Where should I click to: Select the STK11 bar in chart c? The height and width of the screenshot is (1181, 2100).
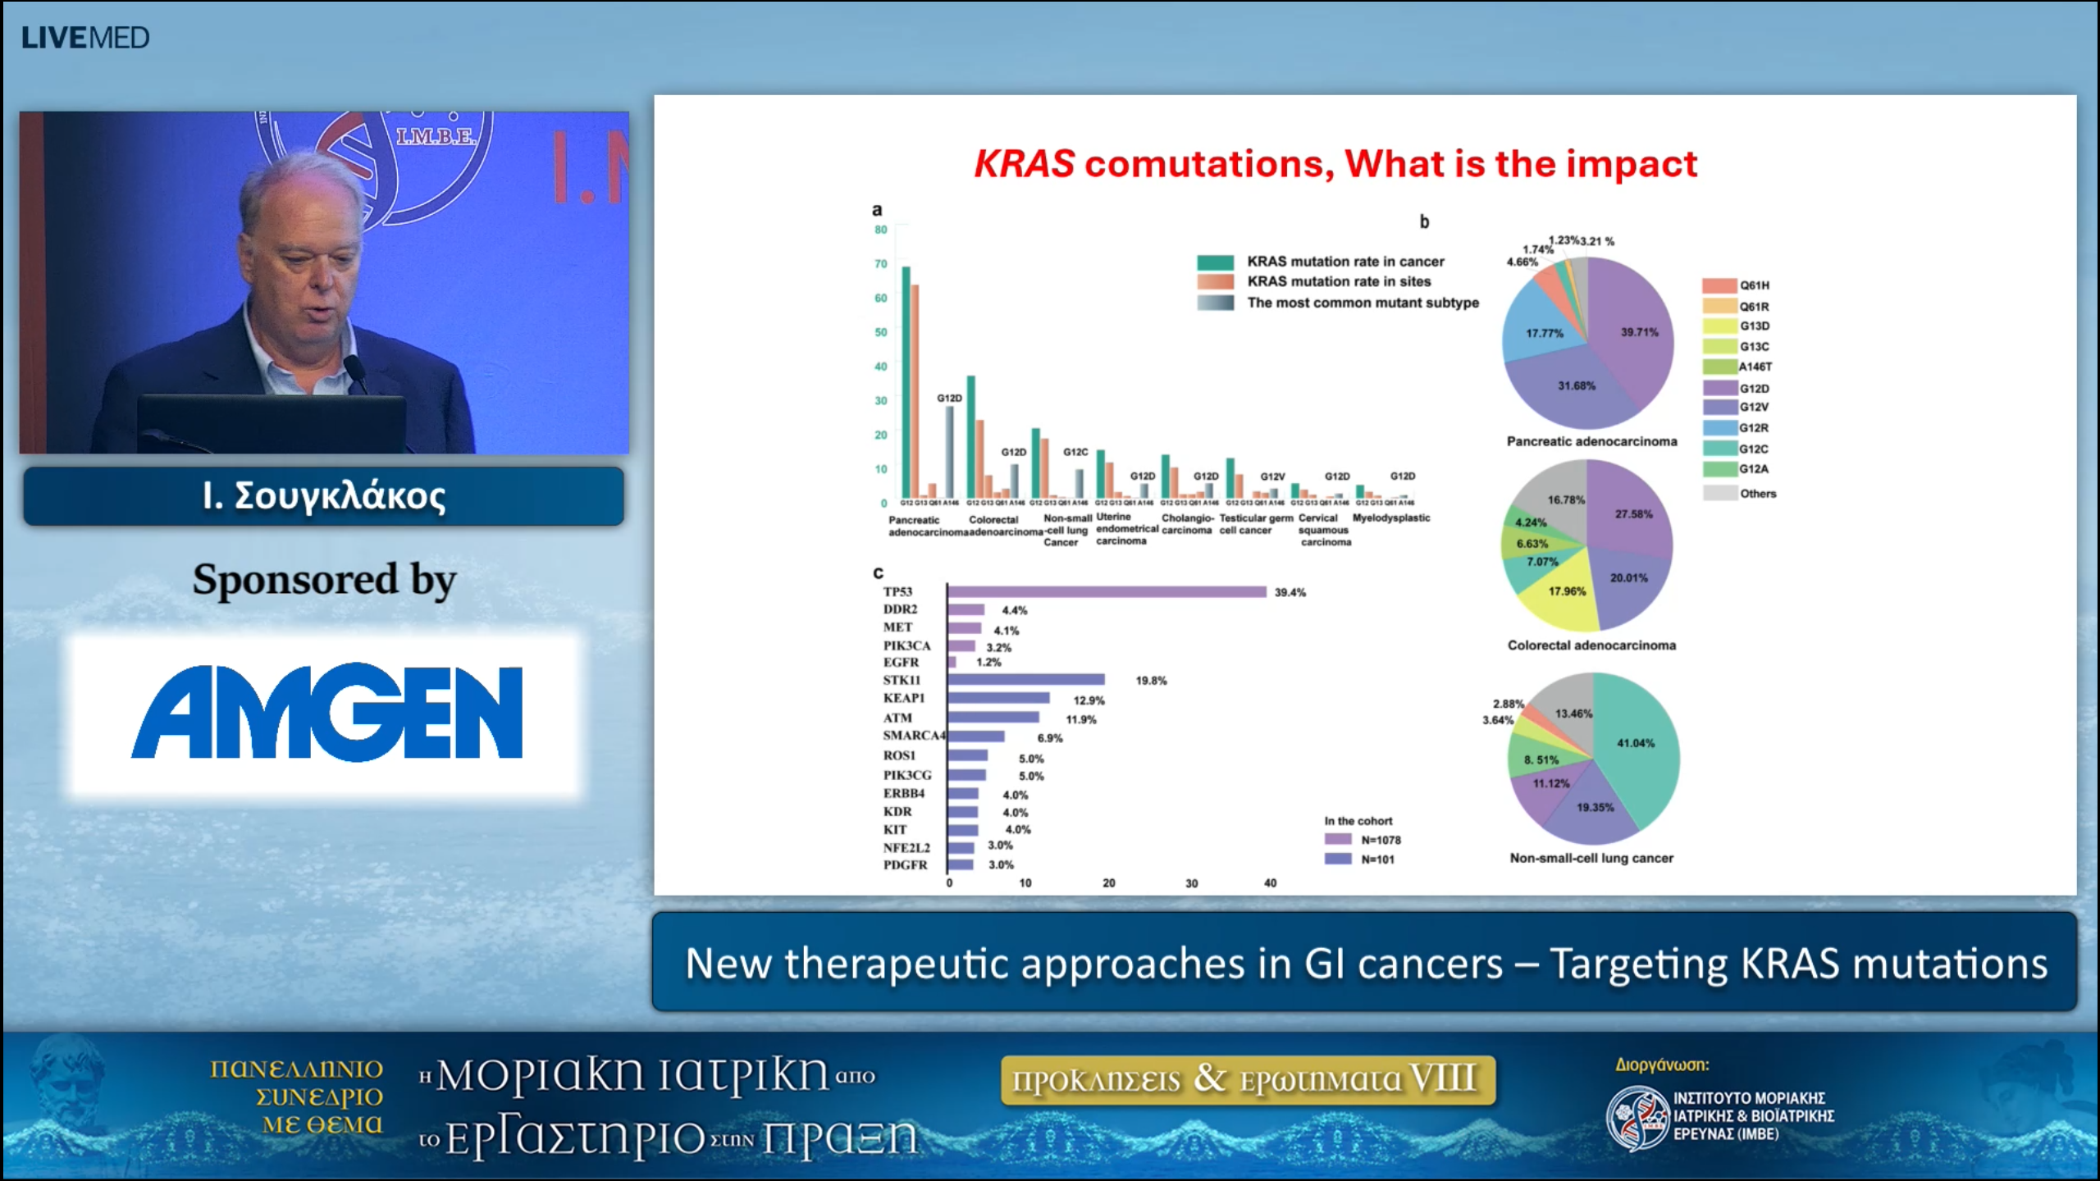click(x=1025, y=680)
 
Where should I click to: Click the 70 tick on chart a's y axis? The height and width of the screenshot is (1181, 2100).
click(x=880, y=264)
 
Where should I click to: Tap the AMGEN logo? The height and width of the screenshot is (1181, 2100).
click(x=326, y=712)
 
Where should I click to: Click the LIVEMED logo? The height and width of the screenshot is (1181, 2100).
click(x=85, y=38)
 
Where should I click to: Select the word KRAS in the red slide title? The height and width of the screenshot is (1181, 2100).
click(x=1024, y=164)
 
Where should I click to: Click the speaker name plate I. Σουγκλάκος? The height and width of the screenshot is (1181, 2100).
click(x=323, y=496)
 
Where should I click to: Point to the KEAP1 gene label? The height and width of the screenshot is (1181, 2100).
click(x=903, y=698)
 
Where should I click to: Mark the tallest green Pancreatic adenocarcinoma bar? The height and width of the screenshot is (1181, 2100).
click(x=906, y=381)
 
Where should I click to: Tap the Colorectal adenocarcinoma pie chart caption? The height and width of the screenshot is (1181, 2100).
click(x=1591, y=645)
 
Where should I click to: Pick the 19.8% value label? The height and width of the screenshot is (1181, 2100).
click(x=1150, y=681)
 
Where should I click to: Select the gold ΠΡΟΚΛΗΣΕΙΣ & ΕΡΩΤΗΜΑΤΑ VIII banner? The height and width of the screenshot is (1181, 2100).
click(x=1247, y=1079)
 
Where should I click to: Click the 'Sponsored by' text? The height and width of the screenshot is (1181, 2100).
click(x=324, y=580)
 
